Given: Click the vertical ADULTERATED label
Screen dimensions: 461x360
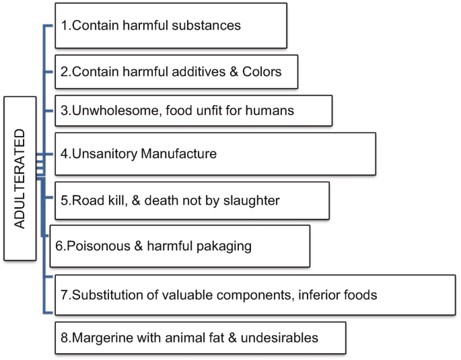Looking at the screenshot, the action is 20,178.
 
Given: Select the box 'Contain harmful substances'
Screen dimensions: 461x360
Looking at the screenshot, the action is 171,26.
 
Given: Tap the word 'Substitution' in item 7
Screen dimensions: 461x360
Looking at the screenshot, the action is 104,294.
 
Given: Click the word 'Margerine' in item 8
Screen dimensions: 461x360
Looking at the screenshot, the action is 98,337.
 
